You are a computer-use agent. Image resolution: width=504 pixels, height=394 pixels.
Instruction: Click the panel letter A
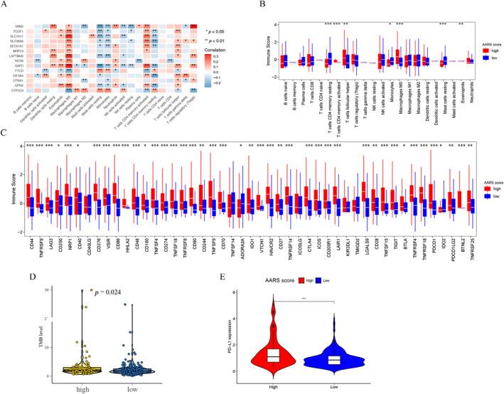coord(5,5)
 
